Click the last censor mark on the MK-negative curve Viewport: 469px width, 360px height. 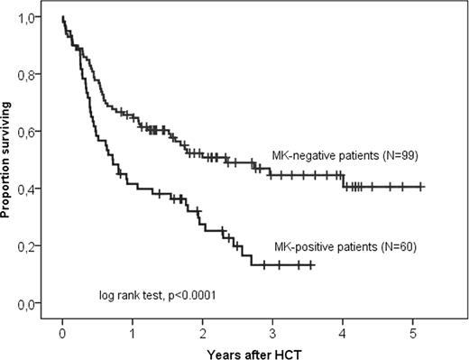(x=421, y=187)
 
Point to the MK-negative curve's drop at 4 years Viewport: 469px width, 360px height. (x=343, y=180)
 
